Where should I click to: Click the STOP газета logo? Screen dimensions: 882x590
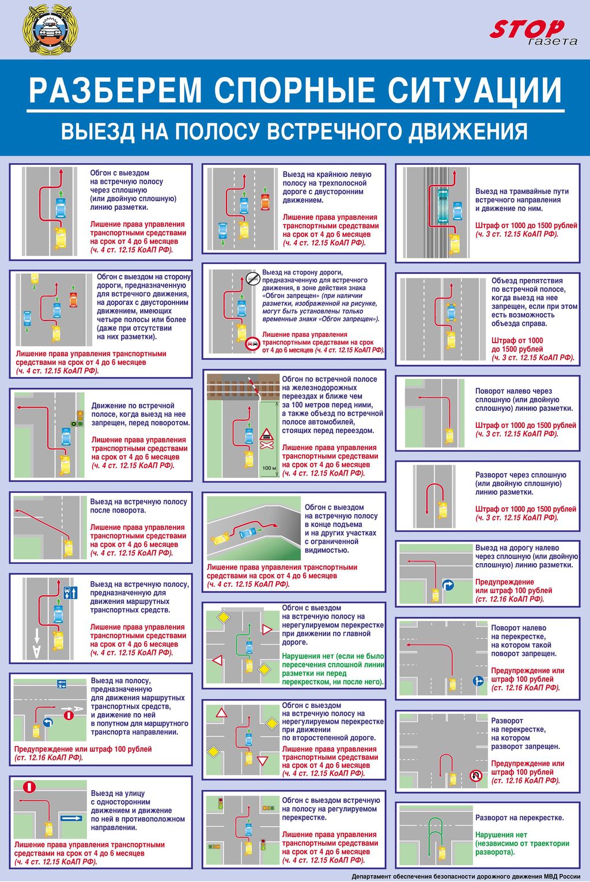tap(532, 32)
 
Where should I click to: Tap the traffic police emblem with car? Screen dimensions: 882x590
tap(50, 30)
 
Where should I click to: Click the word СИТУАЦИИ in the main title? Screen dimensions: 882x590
tap(474, 90)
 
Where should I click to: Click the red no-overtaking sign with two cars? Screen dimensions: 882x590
tap(252, 344)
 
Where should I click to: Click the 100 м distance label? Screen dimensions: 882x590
tap(269, 468)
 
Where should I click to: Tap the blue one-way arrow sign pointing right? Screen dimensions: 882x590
tap(71, 817)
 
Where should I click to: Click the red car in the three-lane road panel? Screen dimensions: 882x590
tap(265, 202)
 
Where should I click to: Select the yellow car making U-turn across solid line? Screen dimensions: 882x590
tap(442, 510)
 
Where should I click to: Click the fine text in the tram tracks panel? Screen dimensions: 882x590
tap(525, 230)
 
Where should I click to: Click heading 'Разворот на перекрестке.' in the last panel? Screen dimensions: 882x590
tap(519, 817)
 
